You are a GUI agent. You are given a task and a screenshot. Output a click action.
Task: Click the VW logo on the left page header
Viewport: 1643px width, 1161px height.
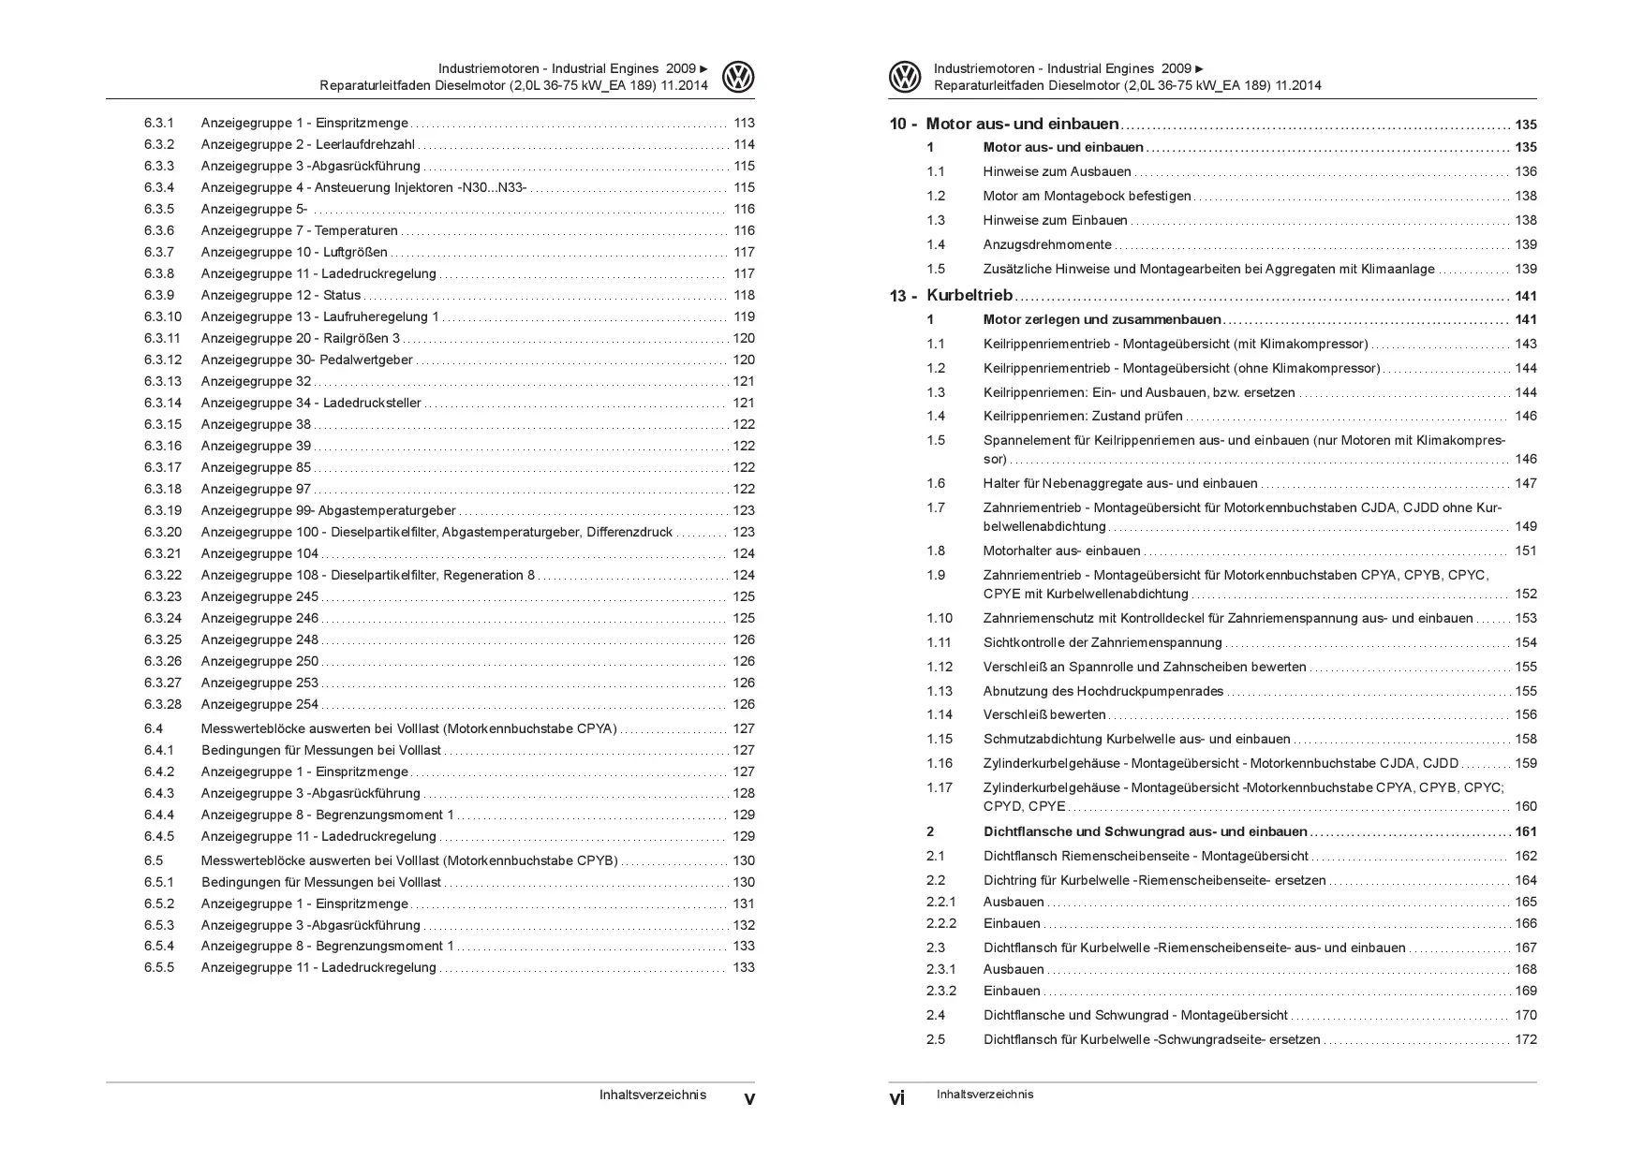738,77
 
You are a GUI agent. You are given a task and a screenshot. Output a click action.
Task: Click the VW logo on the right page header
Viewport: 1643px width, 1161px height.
905,77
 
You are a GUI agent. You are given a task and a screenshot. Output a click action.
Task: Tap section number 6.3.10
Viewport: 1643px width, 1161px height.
163,316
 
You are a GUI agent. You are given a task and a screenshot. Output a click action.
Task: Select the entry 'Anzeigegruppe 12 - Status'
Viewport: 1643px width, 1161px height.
280,295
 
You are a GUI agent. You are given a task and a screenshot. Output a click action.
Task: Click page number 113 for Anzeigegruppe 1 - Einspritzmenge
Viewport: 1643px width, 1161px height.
744,123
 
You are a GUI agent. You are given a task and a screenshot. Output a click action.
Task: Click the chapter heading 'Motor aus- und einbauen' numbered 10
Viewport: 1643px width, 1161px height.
1022,124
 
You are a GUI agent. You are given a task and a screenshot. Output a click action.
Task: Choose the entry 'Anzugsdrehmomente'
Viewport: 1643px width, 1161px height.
1046,244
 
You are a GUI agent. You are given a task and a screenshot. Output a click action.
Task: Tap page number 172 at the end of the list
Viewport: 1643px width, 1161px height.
1525,1039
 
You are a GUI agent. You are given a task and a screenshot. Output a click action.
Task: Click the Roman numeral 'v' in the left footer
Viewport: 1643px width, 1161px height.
748,1098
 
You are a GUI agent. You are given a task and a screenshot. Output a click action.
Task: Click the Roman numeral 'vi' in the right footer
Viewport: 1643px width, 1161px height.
896,1098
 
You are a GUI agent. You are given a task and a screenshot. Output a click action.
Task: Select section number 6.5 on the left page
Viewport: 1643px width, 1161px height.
154,860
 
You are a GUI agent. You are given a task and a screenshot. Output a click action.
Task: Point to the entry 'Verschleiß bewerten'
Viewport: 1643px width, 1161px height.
1044,714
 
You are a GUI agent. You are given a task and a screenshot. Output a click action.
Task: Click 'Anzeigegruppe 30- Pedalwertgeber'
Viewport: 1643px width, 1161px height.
306,360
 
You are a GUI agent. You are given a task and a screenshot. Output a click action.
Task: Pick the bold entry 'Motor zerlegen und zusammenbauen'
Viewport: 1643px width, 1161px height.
1102,319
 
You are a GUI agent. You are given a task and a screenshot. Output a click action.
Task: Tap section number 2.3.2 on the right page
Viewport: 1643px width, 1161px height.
941,991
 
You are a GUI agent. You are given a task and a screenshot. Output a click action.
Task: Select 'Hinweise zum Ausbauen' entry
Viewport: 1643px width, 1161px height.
1057,171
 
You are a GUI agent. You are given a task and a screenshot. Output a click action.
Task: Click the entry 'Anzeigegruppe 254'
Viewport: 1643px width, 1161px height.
259,704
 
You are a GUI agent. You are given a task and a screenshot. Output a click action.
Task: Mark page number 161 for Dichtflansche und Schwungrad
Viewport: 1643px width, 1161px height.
1525,831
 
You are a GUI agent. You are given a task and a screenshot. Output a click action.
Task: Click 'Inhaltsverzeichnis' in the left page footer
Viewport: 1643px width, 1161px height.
653,1095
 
